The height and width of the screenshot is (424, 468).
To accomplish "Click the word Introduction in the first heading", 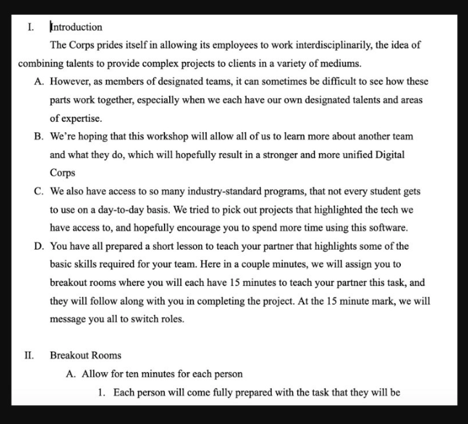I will [76, 27].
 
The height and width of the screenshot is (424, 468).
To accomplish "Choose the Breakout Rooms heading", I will [85, 356].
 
